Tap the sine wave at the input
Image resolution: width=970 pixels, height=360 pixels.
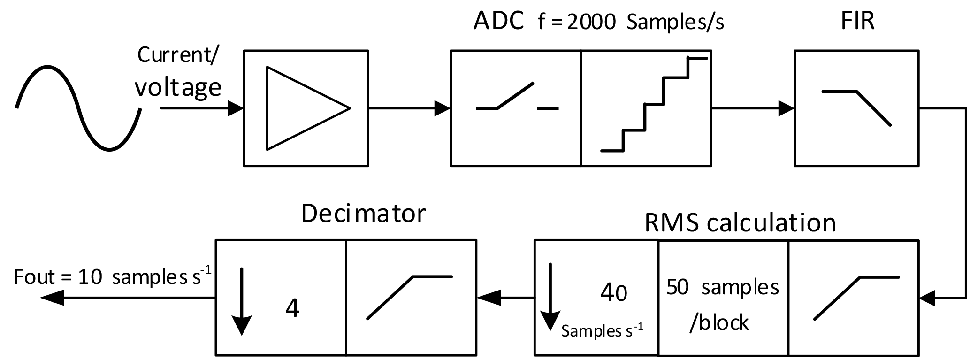pyautogui.click(x=78, y=108)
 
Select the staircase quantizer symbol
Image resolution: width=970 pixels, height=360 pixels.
pyautogui.click(x=654, y=105)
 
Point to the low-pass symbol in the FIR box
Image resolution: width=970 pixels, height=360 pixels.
pyautogui.click(x=856, y=107)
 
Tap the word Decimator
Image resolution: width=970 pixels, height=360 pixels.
pyautogui.click(x=363, y=214)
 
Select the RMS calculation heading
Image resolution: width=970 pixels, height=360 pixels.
pyautogui.click(x=740, y=223)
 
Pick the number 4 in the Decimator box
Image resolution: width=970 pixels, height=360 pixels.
pyautogui.click(x=292, y=308)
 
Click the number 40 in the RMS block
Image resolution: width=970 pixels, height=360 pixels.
pyautogui.click(x=613, y=293)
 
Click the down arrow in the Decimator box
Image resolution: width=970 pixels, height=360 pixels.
pyautogui.click(x=242, y=300)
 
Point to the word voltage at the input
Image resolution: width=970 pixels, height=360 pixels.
pyautogui.click(x=178, y=88)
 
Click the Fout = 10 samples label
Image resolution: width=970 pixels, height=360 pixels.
pyautogui.click(x=110, y=276)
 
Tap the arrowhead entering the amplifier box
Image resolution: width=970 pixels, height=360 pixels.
pyautogui.click(x=236, y=108)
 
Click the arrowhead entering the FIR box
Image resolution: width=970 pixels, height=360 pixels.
pyautogui.click(x=786, y=108)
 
